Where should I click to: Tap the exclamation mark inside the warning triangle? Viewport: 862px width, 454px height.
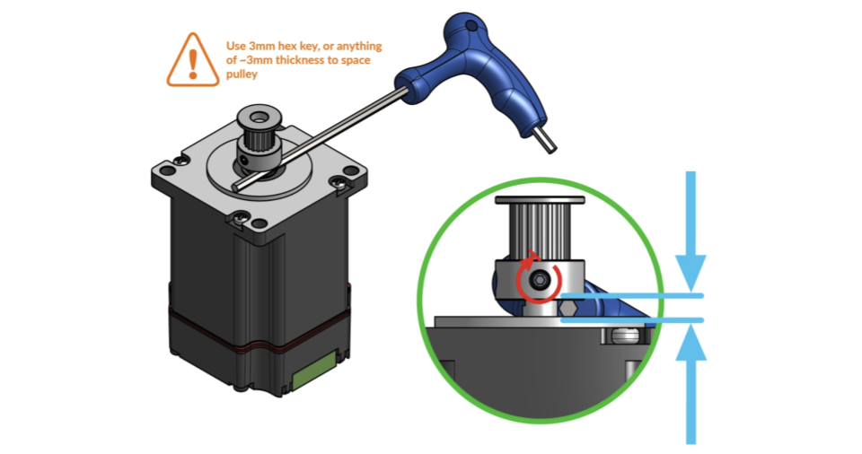click(x=193, y=64)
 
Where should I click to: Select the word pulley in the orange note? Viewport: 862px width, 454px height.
click(x=242, y=74)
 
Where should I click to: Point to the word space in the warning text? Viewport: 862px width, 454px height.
click(x=356, y=60)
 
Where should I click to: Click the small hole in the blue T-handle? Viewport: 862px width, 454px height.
click(x=471, y=25)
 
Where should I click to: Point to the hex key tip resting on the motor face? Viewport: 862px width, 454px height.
click(x=236, y=187)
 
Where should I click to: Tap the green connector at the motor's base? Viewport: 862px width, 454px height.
click(x=315, y=371)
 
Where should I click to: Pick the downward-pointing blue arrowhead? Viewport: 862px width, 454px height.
click(x=690, y=273)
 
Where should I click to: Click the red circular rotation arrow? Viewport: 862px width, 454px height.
click(x=539, y=279)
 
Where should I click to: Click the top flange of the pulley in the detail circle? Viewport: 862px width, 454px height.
click(x=540, y=200)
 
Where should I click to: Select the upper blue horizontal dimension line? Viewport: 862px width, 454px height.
click(x=632, y=296)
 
